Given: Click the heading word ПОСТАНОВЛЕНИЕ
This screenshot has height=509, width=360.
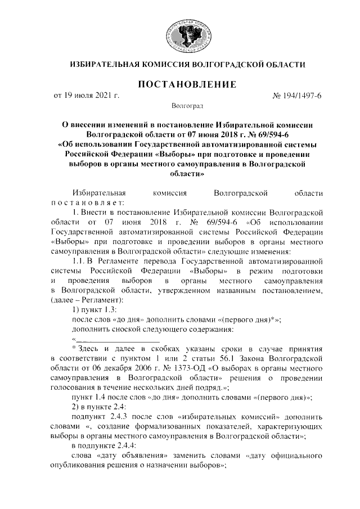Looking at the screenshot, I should (x=187, y=85).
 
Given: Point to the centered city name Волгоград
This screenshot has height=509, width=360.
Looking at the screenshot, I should (x=187, y=106).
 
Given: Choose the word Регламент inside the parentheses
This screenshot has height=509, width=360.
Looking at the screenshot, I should (x=97, y=300).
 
